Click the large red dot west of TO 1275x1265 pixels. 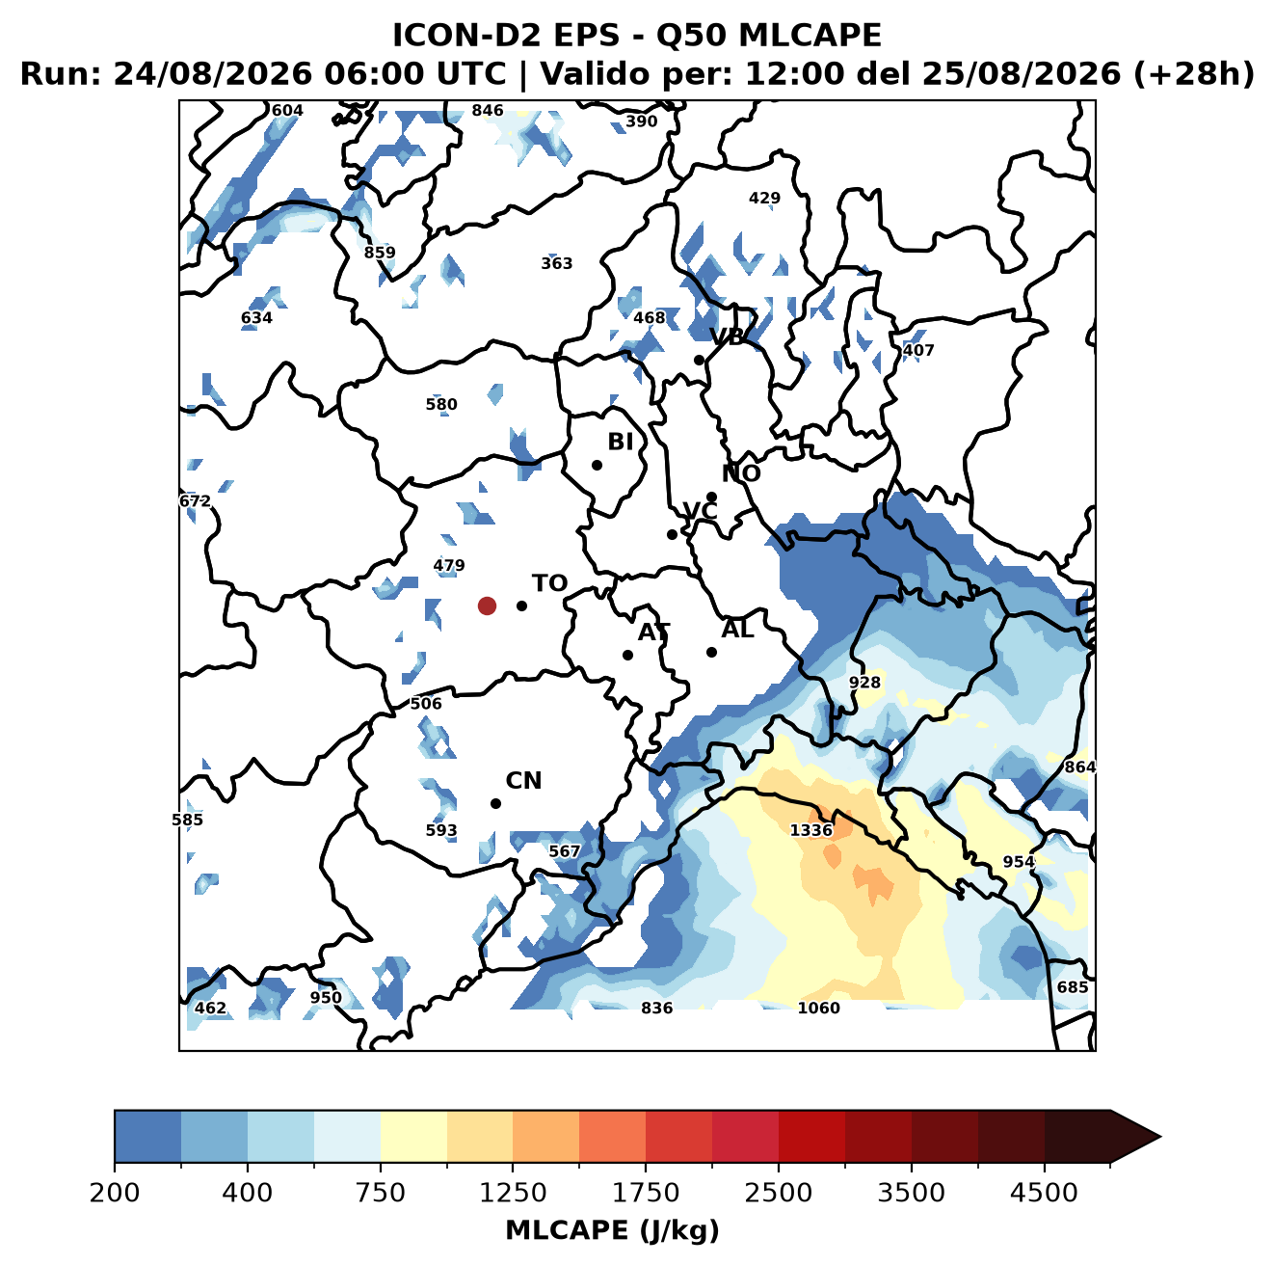coord(487,606)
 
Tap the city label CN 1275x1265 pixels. coord(523,781)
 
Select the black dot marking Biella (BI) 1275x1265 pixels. coord(597,465)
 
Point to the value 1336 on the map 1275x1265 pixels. coord(811,830)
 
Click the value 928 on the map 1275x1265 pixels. coord(864,683)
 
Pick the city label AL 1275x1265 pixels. coord(737,630)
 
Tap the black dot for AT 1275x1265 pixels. coord(627,655)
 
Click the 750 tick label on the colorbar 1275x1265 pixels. coord(380,1192)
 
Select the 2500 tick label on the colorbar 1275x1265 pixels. coord(778,1192)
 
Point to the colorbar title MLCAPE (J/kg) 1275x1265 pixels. coord(612,1230)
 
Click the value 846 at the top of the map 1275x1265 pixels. coord(488,111)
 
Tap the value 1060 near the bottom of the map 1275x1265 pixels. coord(818,1009)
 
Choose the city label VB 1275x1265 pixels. coord(727,336)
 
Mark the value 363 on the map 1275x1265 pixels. coord(556,263)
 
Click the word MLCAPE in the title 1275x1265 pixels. coord(810,35)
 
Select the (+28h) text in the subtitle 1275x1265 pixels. coord(1194,73)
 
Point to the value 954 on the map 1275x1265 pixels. coord(1019,862)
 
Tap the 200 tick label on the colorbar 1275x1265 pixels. coord(115,1192)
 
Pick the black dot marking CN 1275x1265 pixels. coord(495,803)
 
